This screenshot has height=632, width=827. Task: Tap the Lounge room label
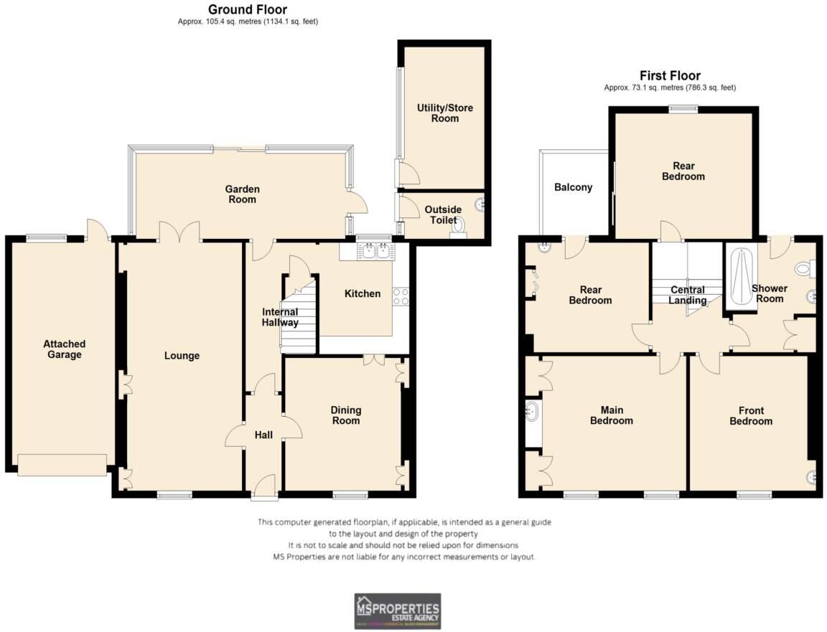pos(182,356)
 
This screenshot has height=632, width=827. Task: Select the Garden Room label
pos(242,194)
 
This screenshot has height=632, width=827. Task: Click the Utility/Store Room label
pos(445,113)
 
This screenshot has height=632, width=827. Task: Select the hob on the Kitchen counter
pos(401,296)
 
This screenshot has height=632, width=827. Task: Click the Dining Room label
pos(345,415)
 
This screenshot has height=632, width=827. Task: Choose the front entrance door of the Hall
pos(265,486)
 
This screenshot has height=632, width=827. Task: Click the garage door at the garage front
pos(62,465)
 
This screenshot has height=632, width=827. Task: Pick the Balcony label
pos(573,187)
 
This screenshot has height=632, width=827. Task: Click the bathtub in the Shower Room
pos(740,276)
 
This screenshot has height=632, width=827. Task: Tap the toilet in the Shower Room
pos(804,268)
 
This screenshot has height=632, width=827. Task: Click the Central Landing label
pos(688,295)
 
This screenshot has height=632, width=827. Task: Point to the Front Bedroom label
pos(751,416)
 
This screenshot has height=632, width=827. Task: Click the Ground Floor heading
pos(248,9)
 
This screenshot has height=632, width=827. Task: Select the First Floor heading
pos(670,75)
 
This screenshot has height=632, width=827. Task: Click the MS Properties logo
pos(397,611)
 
